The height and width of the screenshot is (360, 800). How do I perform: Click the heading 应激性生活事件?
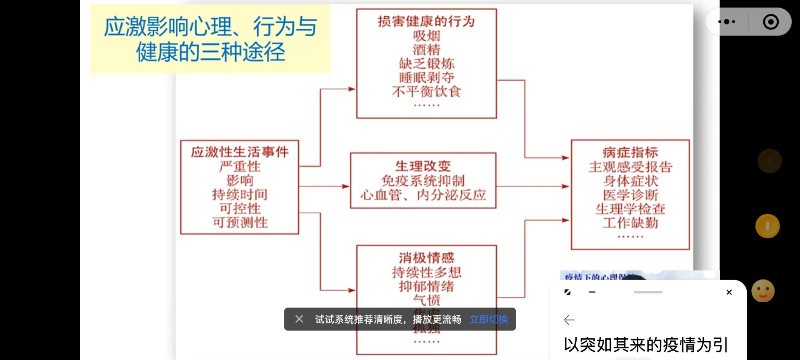coord(240,152)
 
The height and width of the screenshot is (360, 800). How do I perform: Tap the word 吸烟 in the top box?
coord(426,36)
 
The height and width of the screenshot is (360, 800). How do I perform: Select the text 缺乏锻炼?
coord(426,64)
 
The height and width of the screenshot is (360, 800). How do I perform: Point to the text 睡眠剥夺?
coord(426,77)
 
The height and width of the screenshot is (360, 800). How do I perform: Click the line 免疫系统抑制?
coord(422,181)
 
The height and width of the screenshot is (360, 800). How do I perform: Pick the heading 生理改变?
coord(422,166)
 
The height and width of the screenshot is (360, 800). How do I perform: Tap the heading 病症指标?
coord(630,152)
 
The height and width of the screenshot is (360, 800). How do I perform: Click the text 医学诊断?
coord(630,195)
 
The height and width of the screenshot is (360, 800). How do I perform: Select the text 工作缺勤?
coord(630,223)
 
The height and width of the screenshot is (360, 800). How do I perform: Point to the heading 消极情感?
coord(426,258)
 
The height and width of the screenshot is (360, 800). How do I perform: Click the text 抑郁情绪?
coord(426,286)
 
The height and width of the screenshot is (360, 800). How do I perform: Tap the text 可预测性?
coord(240,222)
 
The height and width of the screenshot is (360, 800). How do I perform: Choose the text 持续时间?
coord(240,195)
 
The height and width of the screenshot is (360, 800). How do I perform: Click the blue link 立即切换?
coord(488,320)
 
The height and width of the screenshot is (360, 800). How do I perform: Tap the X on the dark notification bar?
coord(299,319)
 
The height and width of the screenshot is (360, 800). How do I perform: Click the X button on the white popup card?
coord(729,292)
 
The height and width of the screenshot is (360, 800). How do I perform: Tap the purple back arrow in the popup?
coord(569,320)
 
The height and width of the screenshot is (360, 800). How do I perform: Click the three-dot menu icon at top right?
coord(727,22)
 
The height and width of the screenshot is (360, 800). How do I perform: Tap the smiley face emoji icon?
coord(763,291)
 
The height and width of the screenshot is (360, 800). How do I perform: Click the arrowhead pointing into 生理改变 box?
coord(346,186)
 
